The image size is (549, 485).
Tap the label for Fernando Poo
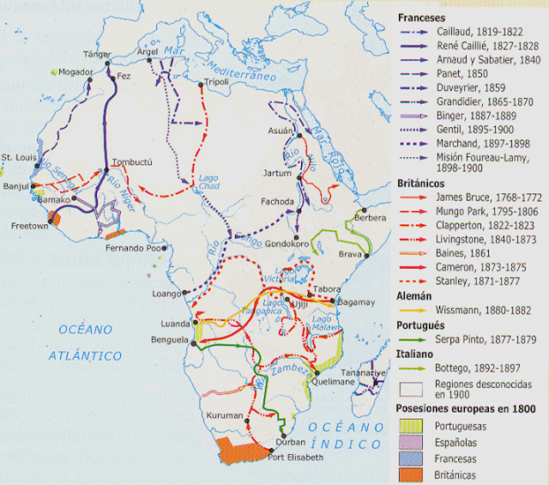click(133, 247)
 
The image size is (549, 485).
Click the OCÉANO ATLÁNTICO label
click(86, 342)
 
